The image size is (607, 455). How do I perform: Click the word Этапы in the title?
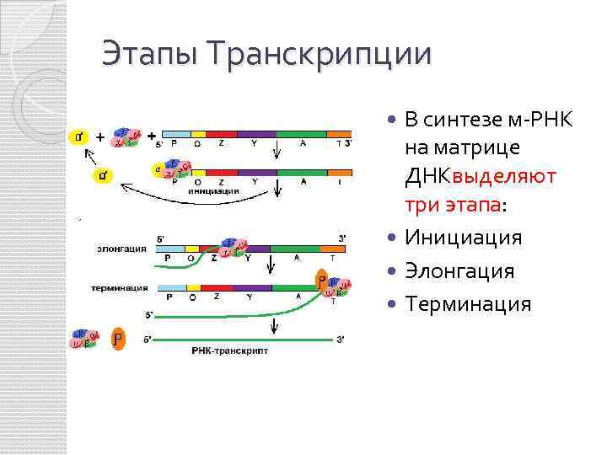(151, 56)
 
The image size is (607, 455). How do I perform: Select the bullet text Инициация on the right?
(463, 238)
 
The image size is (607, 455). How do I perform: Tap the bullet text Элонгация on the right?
(459, 271)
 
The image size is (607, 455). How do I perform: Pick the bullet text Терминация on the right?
(468, 304)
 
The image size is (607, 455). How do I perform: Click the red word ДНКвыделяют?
(480, 177)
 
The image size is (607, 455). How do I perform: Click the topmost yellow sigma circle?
(80, 136)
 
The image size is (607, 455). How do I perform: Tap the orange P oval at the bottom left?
(119, 340)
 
